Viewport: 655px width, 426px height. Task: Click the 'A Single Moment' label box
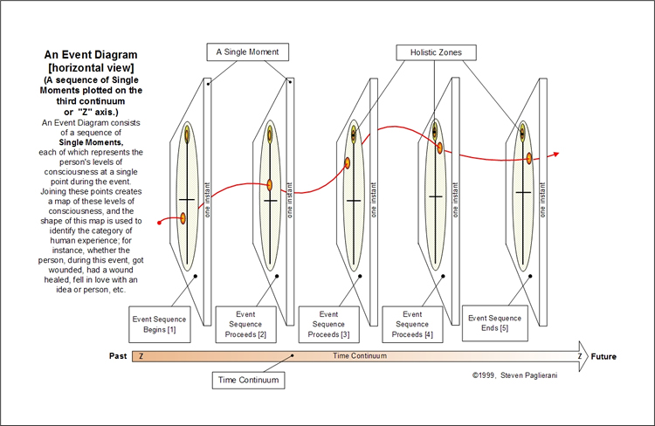pos(247,52)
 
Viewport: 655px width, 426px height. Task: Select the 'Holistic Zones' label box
pos(437,52)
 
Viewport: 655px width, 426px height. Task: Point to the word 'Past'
pos(119,356)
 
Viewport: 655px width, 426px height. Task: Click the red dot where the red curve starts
pos(159,223)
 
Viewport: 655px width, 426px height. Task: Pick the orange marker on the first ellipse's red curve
pos(183,218)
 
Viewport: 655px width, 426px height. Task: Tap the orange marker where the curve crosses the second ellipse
pos(270,185)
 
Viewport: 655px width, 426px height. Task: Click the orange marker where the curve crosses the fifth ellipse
pos(528,158)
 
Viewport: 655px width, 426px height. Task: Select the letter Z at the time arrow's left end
pos(141,356)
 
